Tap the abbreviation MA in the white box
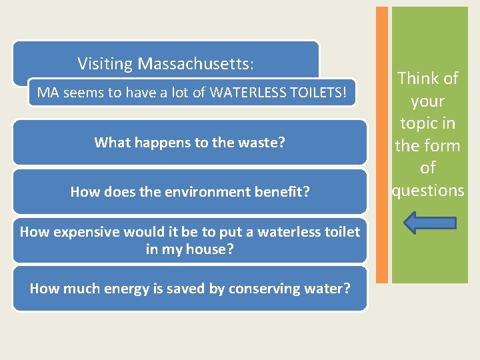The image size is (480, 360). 48,92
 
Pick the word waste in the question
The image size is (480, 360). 265,142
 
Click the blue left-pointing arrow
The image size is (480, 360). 430,223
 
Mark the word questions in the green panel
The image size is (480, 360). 427,191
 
